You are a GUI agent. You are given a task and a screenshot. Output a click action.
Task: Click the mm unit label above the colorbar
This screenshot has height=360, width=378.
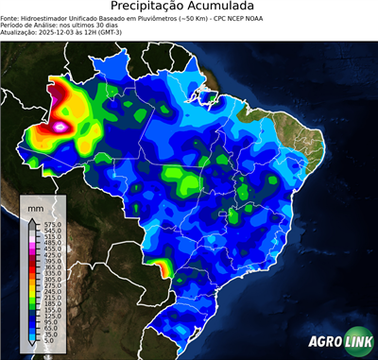click(35, 205)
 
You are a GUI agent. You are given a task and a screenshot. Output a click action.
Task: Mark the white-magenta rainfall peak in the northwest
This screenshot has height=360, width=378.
click(62, 124)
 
